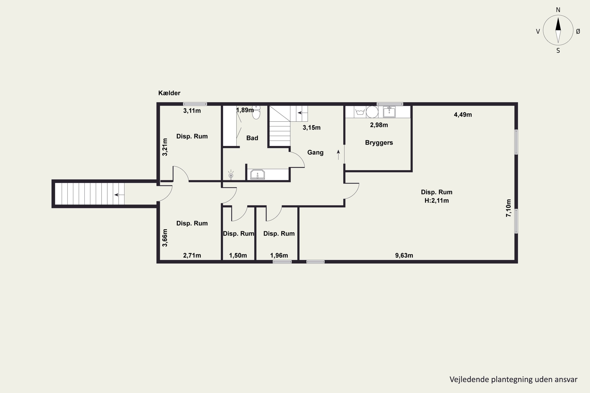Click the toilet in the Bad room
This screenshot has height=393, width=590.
click(256, 113)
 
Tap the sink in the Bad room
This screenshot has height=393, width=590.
click(257, 174)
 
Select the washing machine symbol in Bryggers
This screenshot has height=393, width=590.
click(360, 112)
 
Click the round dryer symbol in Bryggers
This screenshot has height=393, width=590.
click(372, 112)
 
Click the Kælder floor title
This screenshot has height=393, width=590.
click(169, 93)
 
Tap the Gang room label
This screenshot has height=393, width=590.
click(315, 152)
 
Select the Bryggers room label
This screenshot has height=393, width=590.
click(379, 143)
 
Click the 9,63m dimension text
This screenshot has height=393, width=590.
click(404, 255)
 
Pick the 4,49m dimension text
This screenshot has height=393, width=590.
click(463, 115)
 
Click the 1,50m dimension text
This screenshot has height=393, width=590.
click(238, 255)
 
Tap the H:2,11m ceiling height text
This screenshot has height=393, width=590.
click(436, 200)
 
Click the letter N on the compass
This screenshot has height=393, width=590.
click(558, 10)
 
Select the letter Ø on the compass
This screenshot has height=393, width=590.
click(578, 31)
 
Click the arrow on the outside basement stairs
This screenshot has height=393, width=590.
click(119, 195)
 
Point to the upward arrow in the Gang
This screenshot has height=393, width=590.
click(338, 155)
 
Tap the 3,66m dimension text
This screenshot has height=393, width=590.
click(165, 238)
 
